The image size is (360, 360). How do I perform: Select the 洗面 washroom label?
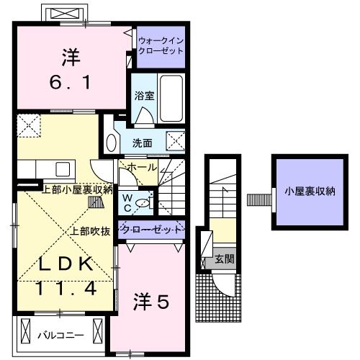pos(142,143)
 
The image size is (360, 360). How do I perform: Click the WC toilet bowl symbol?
pos(143,203)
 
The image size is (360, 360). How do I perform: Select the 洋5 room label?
pos(150,303)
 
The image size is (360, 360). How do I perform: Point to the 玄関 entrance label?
pos(224,258)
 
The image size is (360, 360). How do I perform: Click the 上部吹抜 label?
pos(90,232)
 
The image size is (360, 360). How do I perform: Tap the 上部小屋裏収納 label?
pos(77,190)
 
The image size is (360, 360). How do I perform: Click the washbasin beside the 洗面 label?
pos(111,142)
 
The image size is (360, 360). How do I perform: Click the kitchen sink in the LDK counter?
pos(62,170)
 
